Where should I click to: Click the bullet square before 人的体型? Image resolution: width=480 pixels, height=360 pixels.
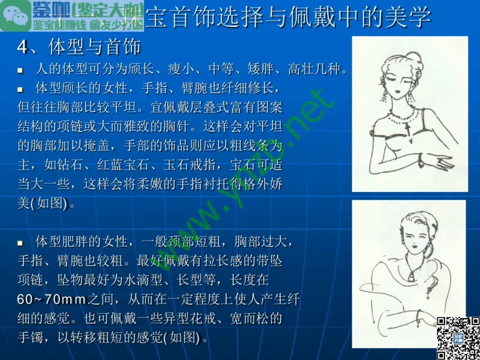[20, 70]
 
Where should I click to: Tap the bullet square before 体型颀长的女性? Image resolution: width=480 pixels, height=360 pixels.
[20, 89]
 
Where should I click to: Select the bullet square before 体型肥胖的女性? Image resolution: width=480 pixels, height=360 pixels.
[20, 243]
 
